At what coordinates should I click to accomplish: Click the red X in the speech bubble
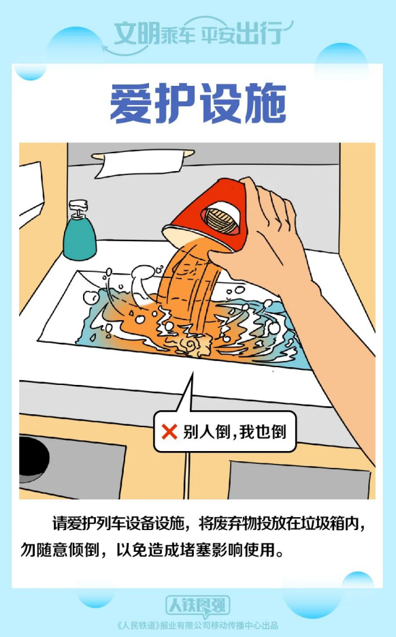(169, 431)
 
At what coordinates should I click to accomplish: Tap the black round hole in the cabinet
(33, 457)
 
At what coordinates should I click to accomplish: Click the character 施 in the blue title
(265, 103)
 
